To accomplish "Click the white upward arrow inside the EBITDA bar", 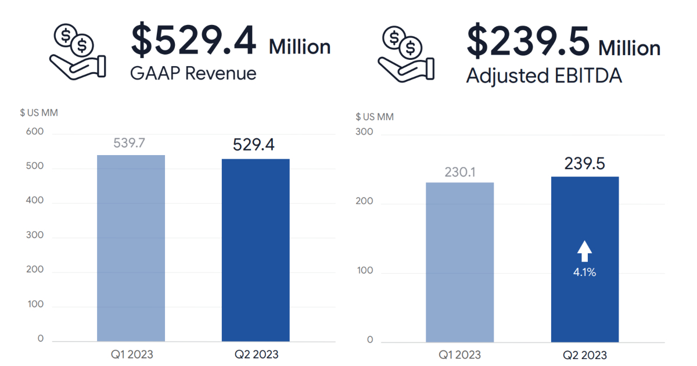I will [x=584, y=252].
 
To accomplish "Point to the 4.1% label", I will [x=584, y=271].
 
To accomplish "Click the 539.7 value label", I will [x=129, y=143].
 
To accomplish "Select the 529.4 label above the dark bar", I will [x=253, y=145].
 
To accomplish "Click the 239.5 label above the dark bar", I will [x=584, y=164].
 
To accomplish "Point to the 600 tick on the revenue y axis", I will [x=35, y=132].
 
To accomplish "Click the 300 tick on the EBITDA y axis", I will [x=364, y=132].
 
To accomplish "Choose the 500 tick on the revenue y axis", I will [x=35, y=166].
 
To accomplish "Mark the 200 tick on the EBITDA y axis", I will [x=364, y=202].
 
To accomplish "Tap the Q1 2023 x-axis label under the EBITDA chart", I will [x=459, y=354].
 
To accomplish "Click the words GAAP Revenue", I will [x=194, y=74].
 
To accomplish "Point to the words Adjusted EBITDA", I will [x=544, y=76].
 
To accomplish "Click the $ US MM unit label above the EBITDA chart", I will [x=375, y=117].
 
